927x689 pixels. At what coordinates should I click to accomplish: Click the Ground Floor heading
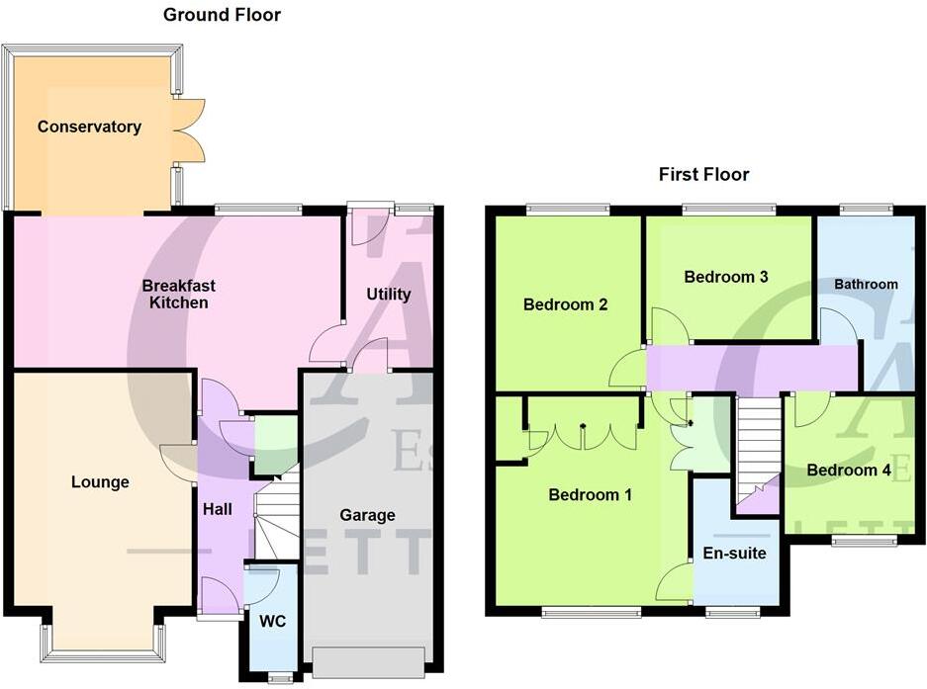pos(222,15)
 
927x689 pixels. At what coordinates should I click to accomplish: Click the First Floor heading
pos(703,175)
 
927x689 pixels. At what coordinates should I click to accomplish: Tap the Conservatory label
pos(89,127)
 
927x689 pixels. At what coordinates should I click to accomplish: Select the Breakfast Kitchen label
pos(178,294)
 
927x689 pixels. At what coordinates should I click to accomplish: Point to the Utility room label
pos(388,294)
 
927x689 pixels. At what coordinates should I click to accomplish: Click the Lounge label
pos(100,482)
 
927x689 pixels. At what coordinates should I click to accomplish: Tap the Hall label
pos(217,509)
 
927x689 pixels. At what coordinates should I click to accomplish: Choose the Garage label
pos(367,515)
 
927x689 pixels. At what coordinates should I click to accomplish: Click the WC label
pos(272,622)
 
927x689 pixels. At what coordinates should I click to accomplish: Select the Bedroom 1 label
pos(590,495)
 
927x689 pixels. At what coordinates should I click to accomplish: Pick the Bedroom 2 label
pos(565,304)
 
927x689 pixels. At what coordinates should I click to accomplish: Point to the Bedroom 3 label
pos(726,277)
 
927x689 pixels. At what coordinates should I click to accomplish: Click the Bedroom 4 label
pos(848,471)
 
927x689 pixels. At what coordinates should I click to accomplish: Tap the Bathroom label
pos(866,284)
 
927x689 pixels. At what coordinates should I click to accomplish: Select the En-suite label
pos(733,553)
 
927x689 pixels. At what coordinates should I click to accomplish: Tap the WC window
pos(280,677)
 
